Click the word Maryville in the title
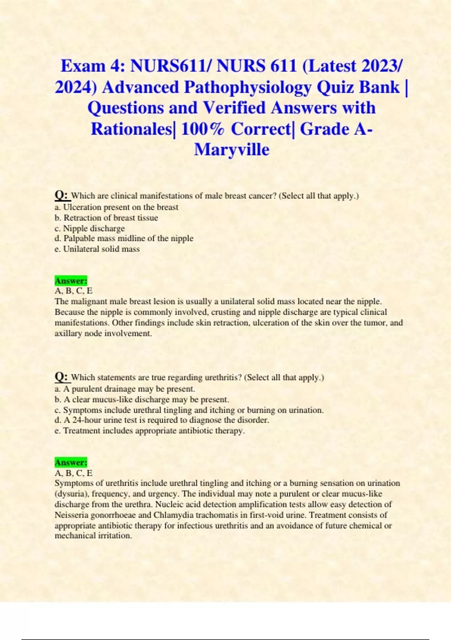coord(232,149)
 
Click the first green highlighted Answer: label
coord(71,281)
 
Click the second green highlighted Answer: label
coord(71,462)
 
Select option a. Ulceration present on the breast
coord(117,207)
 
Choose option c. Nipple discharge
coord(90,229)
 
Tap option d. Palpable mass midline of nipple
coord(124,238)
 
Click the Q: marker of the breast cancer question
coord(61,195)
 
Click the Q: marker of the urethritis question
coord(61,376)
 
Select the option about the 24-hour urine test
coord(162,420)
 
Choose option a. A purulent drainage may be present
coord(125,389)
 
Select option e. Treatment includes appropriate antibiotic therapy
coord(150,431)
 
